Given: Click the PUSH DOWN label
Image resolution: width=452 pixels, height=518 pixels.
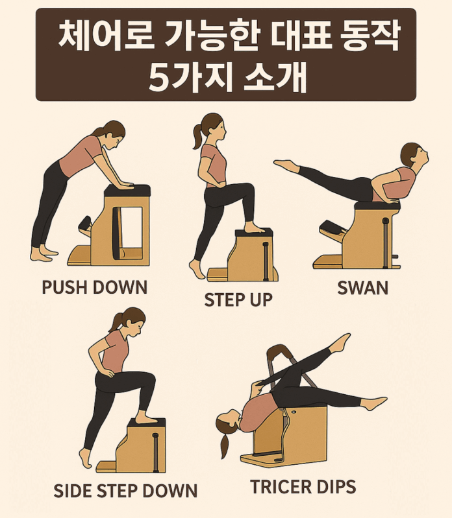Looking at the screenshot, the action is click(94, 287).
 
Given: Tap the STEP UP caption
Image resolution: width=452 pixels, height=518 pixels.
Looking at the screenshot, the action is click(238, 300).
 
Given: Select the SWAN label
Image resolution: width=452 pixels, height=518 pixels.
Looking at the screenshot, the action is click(362, 288).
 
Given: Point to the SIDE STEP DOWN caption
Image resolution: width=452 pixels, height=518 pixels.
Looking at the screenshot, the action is click(125, 491).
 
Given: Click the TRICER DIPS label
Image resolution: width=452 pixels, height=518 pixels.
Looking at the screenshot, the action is click(303, 486).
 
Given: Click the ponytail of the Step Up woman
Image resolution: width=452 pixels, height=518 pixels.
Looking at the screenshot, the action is click(198, 137).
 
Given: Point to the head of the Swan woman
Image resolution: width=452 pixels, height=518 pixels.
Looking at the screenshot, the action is click(414, 156).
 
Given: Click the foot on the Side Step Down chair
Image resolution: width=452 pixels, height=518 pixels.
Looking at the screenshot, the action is click(145, 418).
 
